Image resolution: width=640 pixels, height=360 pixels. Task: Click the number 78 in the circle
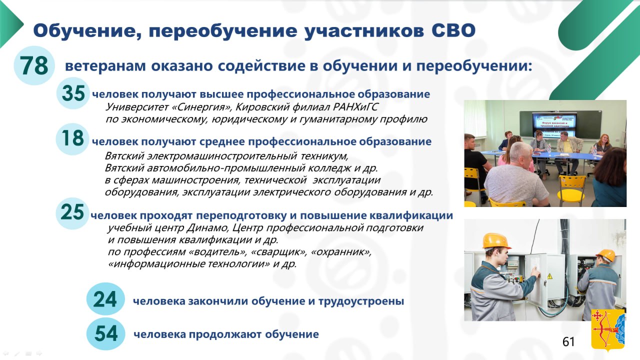pyautogui.click(x=34, y=65)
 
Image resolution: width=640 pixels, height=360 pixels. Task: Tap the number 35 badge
pyautogui.click(x=73, y=93)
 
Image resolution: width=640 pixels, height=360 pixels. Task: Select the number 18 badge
pyautogui.click(x=72, y=138)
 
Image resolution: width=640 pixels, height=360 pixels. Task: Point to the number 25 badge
pyautogui.click(x=72, y=212)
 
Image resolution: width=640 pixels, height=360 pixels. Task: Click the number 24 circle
pyautogui.click(x=105, y=299)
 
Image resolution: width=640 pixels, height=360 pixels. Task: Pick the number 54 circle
pyautogui.click(x=105, y=333)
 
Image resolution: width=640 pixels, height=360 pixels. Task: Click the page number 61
pyautogui.click(x=568, y=341)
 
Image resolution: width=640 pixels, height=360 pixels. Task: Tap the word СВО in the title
pyautogui.click(x=453, y=30)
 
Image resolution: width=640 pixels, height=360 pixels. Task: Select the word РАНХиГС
pyautogui.click(x=355, y=107)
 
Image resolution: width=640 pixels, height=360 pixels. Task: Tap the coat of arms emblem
pyautogui.click(x=608, y=330)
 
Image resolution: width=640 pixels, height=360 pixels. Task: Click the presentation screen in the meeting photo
pyautogui.click(x=554, y=125)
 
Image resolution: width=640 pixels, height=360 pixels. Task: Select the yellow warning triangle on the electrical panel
pyautogui.click(x=549, y=276)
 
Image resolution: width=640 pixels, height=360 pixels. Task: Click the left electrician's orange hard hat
pyautogui.click(x=496, y=241)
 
